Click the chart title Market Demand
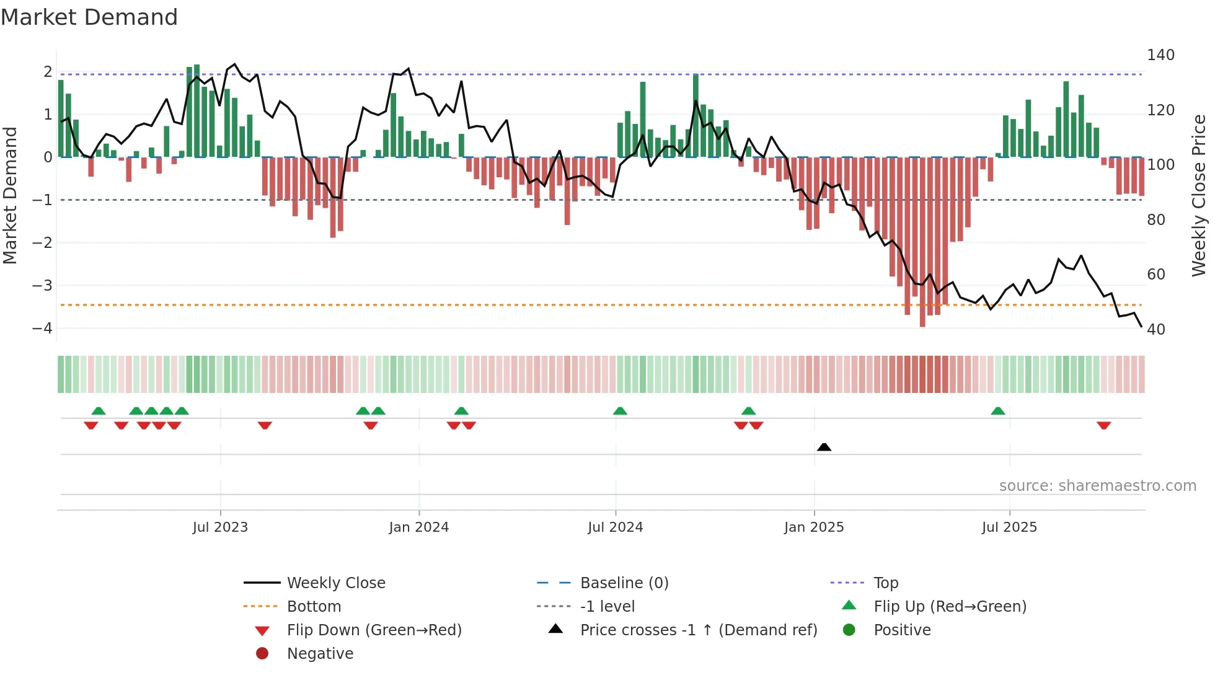tap(89, 17)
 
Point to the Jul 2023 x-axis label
tap(220, 527)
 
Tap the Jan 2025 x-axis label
tap(814, 527)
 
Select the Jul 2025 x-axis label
tap(1009, 527)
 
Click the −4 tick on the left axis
tap(43, 328)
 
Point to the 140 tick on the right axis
tap(1160, 55)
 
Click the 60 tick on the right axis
tap(1155, 275)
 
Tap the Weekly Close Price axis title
tap(1199, 195)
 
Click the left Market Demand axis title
tap(10, 195)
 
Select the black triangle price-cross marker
tap(824, 447)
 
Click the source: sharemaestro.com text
tap(1097, 486)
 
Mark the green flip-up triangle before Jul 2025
tap(997, 411)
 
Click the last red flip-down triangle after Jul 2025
tap(1103, 425)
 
